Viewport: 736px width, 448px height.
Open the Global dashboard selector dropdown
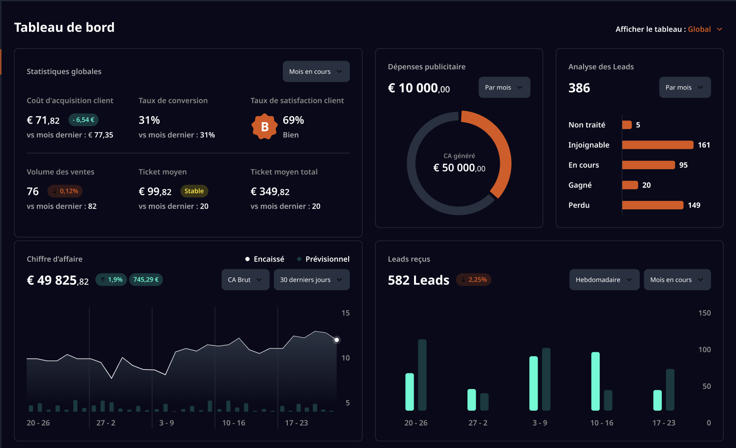click(705, 29)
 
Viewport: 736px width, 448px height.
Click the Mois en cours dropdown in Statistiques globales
click(316, 71)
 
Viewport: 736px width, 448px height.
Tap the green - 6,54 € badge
click(83, 120)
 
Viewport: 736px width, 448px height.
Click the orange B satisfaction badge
click(264, 127)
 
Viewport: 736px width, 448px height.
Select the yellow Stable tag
click(194, 191)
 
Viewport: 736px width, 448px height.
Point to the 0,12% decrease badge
click(65, 191)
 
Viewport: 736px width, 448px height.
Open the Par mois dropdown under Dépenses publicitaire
click(504, 88)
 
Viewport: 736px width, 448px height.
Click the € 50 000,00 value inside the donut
click(459, 168)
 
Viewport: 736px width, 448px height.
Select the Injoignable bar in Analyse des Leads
click(658, 145)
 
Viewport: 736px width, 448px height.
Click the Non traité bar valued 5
click(627, 125)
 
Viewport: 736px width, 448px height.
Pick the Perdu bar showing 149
click(653, 205)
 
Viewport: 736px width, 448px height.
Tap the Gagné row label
click(580, 185)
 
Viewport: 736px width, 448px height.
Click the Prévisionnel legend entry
click(323, 259)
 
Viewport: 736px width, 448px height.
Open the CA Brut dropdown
click(245, 280)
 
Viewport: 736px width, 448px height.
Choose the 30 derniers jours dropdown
click(311, 280)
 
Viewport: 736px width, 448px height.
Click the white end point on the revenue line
click(337, 340)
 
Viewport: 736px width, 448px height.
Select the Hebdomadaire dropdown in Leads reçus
click(604, 280)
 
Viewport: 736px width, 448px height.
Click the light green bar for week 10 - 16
click(596, 381)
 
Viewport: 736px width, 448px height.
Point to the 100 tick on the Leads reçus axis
click(705, 349)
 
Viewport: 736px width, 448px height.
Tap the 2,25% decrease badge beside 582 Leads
click(474, 280)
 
